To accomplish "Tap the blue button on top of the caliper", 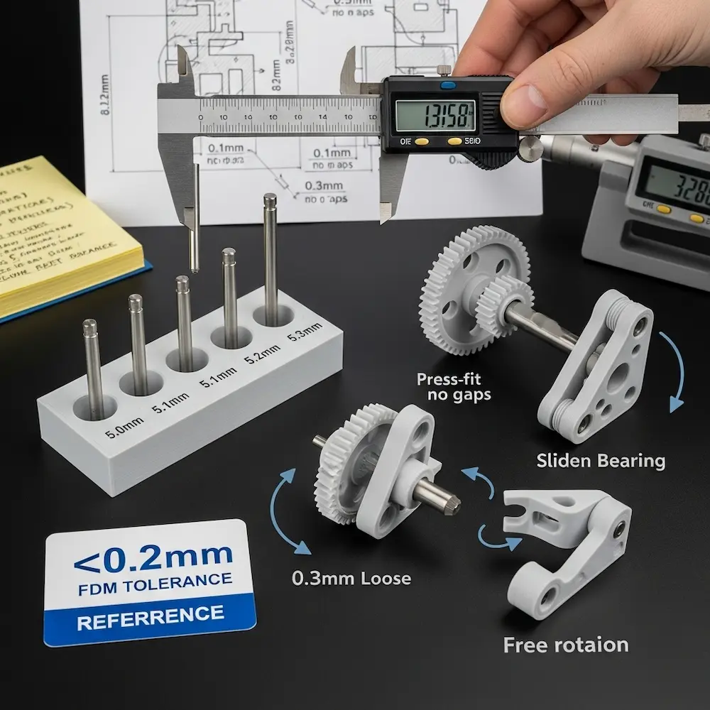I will pyautogui.click(x=449, y=85).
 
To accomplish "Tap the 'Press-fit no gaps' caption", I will pyautogui.click(x=454, y=386).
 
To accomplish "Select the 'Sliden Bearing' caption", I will pyautogui.click(x=601, y=461).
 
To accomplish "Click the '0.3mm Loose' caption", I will pyautogui.click(x=351, y=578).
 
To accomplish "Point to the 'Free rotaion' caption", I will pyautogui.click(x=566, y=645).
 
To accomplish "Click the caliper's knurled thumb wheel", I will pyautogui.click(x=529, y=150).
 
